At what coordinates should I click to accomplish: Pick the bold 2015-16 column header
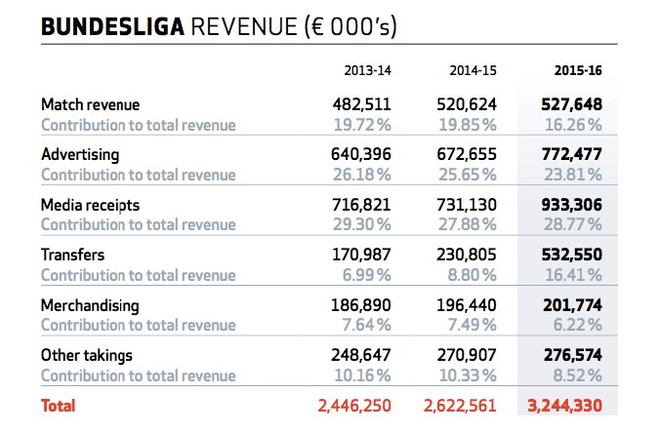(578, 70)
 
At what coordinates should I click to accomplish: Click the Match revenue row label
(91, 104)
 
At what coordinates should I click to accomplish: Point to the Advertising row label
(80, 155)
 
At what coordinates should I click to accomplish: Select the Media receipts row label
(91, 205)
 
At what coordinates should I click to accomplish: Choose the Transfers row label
(72, 256)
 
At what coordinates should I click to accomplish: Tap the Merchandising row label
(90, 305)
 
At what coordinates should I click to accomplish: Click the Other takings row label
(87, 355)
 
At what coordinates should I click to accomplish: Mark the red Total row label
(58, 405)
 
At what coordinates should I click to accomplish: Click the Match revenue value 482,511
(359, 104)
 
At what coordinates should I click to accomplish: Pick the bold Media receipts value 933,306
(571, 205)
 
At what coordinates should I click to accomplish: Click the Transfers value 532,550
(571, 256)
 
